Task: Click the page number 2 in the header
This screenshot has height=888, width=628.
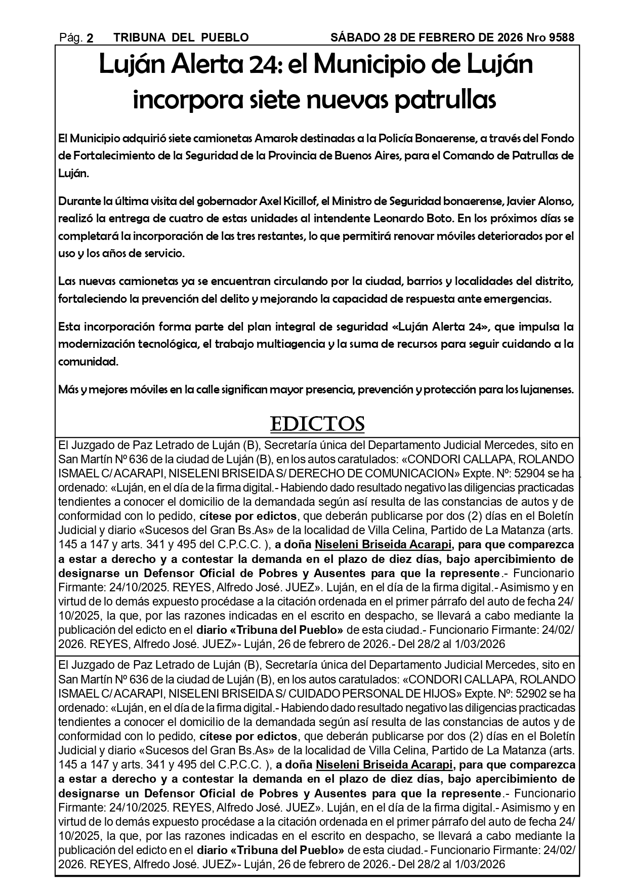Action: click(x=90, y=38)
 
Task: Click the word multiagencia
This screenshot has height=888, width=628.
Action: click(x=289, y=344)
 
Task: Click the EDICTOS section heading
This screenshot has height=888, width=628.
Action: click(x=317, y=424)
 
